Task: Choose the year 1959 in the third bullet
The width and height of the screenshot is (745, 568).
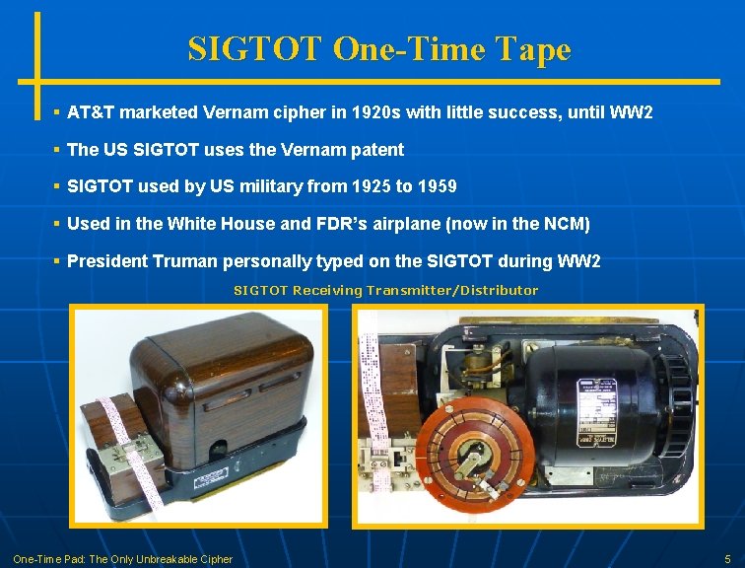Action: pos(433,186)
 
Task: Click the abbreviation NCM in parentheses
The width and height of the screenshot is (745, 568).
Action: pos(564,224)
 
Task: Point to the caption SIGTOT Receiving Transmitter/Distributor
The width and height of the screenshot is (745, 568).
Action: pos(385,290)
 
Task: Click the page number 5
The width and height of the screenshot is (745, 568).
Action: pos(727,559)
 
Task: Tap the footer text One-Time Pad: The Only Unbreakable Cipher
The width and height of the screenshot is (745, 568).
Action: pos(122,559)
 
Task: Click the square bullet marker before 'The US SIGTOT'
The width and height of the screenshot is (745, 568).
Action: pos(58,150)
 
